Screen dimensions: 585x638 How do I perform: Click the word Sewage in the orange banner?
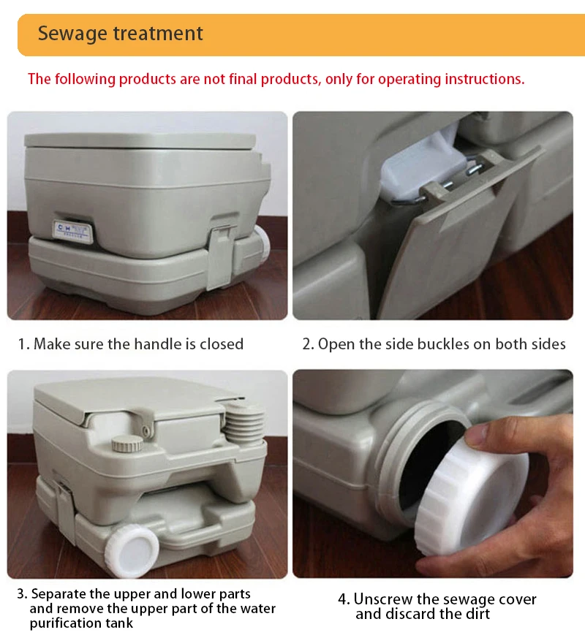[x=72, y=34]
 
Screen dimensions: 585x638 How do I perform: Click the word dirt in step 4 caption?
[x=479, y=614]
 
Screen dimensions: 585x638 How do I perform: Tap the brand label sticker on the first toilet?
[x=73, y=232]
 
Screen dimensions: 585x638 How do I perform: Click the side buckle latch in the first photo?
[x=221, y=257]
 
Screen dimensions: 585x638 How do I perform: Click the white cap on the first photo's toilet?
[x=263, y=244]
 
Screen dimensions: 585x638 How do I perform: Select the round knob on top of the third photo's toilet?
[x=127, y=444]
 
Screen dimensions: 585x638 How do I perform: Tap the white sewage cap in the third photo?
[x=132, y=551]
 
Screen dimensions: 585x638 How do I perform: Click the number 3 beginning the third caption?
[x=20, y=594]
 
